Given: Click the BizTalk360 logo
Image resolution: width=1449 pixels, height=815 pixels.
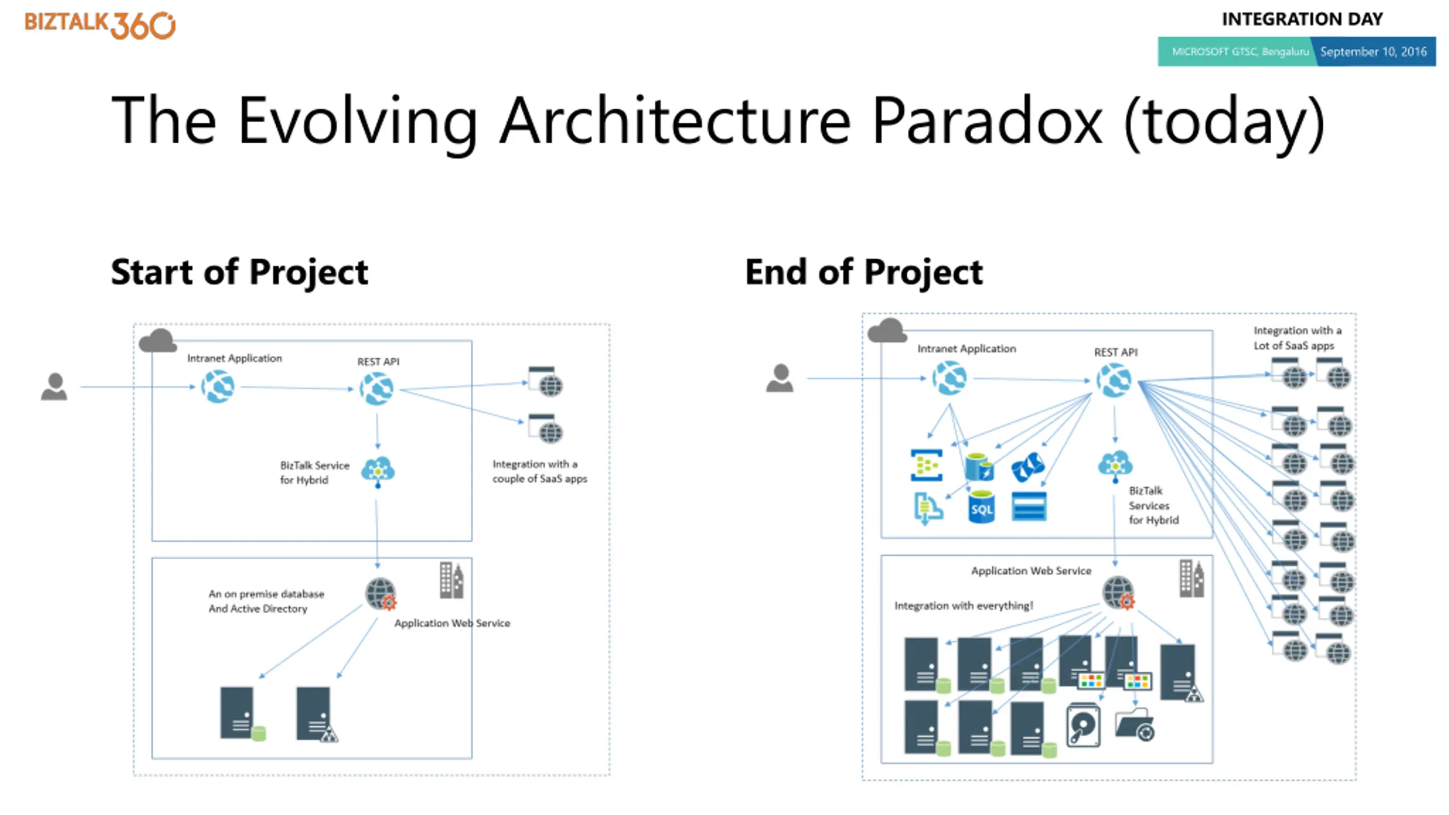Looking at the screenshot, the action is coord(100,25).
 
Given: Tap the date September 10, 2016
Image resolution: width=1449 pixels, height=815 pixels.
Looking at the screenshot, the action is coord(1374,52).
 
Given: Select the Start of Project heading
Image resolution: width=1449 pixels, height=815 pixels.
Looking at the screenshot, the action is coord(239,272).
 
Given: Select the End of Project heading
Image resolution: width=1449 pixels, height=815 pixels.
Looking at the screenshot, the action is coord(864,272).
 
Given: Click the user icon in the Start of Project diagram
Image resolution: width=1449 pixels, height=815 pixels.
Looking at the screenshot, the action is coord(54,387).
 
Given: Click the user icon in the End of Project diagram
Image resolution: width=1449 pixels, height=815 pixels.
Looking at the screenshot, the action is coord(780,378).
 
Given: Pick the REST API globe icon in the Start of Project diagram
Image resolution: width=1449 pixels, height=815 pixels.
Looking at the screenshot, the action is coord(376,388).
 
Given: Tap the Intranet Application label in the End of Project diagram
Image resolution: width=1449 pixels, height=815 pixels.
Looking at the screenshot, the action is coord(967,349).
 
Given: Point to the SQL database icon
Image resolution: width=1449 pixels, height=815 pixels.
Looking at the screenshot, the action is coord(981,507).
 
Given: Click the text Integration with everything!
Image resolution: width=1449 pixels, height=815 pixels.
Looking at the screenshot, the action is coord(963,606).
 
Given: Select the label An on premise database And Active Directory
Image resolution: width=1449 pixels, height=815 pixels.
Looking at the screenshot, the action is coord(266,601).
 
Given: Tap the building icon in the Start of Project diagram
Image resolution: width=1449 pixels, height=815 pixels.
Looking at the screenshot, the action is coord(452,580).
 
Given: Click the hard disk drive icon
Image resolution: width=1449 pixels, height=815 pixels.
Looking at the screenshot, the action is coord(1083,725).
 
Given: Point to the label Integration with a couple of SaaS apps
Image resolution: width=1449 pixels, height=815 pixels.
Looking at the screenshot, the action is coord(539,471).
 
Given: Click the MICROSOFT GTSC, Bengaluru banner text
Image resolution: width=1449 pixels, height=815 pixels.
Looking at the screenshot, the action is coord(1240,52).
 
